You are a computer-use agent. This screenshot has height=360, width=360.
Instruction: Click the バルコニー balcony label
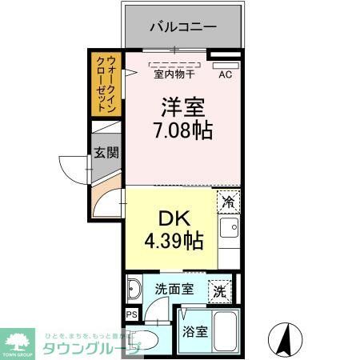(x=183, y=27)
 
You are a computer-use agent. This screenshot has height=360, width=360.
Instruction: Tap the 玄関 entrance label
(x=104, y=152)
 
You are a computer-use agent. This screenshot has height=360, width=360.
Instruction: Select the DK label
(x=168, y=218)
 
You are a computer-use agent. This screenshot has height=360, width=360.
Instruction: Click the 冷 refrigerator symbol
(x=229, y=202)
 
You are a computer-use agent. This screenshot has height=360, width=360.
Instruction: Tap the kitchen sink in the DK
(x=228, y=232)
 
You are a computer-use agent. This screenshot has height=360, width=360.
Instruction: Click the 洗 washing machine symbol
(x=218, y=292)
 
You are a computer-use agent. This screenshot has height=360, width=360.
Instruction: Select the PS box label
(x=130, y=314)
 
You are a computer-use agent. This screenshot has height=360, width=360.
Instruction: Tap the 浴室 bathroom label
(x=195, y=330)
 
